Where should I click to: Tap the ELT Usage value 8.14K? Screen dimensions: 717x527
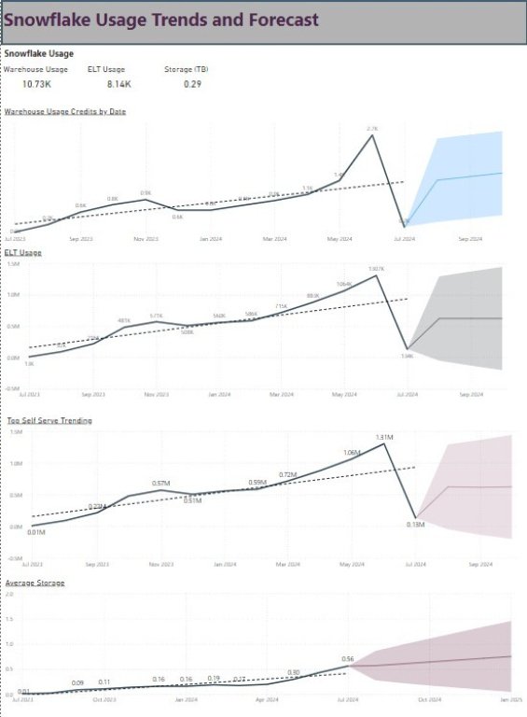(x=116, y=84)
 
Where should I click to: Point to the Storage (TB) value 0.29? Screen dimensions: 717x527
(x=193, y=84)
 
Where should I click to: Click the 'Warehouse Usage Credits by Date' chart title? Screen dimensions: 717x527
(x=65, y=111)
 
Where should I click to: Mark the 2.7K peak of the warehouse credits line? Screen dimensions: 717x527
(x=372, y=134)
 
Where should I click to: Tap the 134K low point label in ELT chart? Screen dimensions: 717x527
(x=407, y=356)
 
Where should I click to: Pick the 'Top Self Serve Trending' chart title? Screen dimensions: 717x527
(x=49, y=421)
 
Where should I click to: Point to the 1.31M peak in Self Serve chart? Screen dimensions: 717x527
(x=382, y=437)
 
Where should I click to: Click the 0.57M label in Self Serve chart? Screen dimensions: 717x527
(x=160, y=484)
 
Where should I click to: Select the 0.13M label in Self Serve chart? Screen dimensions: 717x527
(x=415, y=525)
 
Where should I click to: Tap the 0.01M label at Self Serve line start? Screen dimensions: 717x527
(x=36, y=532)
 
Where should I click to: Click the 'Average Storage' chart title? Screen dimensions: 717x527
(x=35, y=583)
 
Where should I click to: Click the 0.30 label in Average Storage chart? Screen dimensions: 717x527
(x=293, y=672)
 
